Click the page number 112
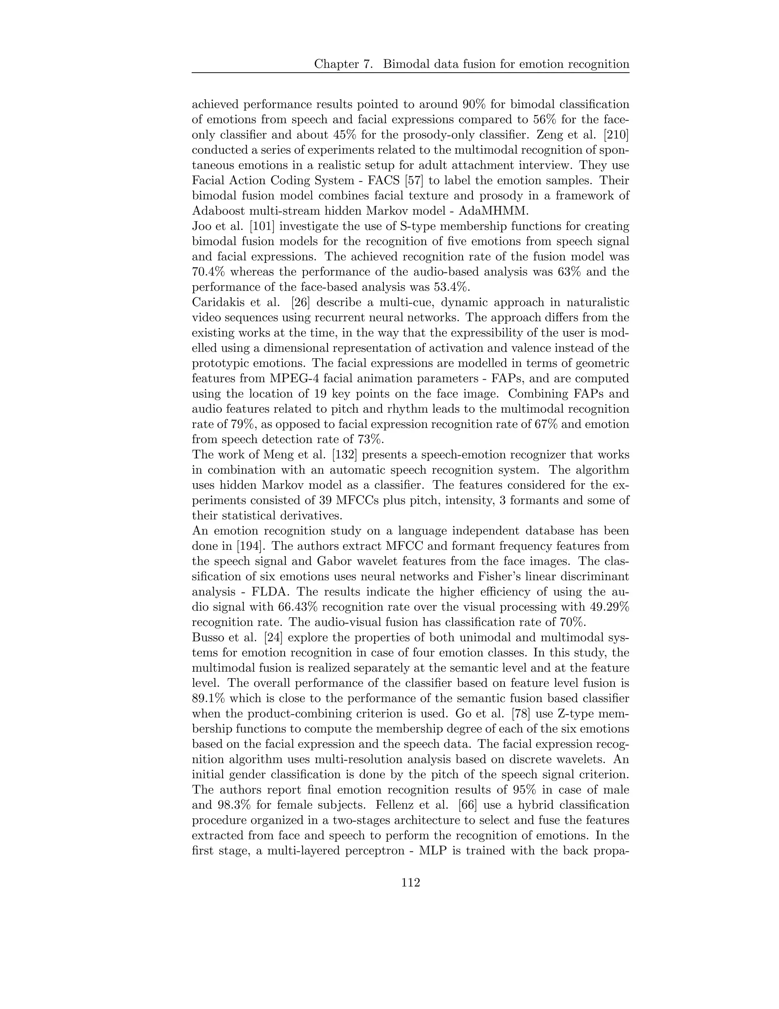click(x=410, y=883)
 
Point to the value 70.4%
click(x=208, y=271)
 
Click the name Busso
click(x=206, y=637)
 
